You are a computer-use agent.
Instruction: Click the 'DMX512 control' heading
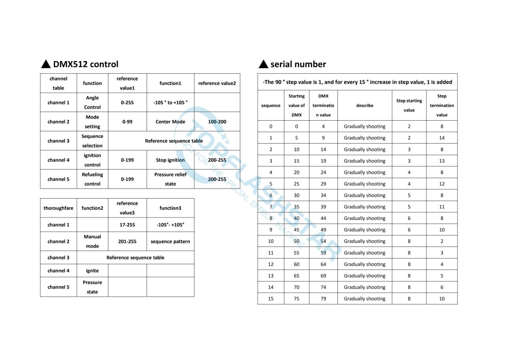pos(86,64)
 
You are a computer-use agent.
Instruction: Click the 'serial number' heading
pos(298,64)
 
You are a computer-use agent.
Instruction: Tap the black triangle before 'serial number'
pos(263,64)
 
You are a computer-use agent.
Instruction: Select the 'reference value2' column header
pos(217,84)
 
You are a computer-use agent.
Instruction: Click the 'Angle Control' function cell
pos(92,102)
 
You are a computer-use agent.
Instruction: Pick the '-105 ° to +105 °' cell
pos(170,102)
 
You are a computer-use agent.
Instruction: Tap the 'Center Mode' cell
pos(170,122)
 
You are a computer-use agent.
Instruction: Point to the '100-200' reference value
pos(217,122)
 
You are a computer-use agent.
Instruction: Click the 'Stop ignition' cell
pos(170,160)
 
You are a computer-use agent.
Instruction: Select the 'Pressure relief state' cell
pos(170,179)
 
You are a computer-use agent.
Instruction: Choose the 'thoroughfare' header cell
pos(59,208)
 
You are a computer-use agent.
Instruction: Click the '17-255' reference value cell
pos(127,225)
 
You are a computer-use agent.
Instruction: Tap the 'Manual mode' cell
pos(92,241)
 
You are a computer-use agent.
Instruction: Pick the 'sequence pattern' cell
pos(170,241)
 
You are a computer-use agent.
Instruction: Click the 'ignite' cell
pos(92,270)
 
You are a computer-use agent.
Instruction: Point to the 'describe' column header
pos(364,105)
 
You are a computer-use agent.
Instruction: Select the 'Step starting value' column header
pos(409,105)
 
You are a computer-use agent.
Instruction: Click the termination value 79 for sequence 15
pos(323,299)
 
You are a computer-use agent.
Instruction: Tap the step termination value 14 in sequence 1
pos(441,138)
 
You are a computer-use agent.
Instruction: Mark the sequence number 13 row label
pos(270,276)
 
